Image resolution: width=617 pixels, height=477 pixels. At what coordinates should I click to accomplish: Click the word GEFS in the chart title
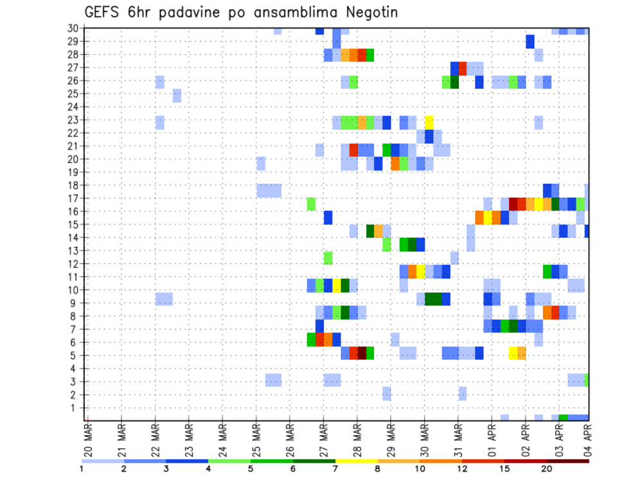(x=102, y=12)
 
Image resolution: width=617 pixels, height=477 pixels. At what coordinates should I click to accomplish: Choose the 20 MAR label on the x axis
(x=88, y=440)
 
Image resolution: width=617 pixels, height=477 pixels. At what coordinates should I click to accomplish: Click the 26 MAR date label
(x=290, y=440)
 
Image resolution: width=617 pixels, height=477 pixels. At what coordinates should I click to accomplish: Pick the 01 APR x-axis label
(x=492, y=440)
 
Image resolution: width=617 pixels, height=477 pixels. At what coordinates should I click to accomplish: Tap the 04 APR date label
(x=587, y=440)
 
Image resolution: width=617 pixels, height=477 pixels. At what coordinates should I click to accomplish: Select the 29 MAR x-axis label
(x=391, y=440)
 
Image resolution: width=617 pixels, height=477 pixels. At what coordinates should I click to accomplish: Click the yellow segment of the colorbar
(x=356, y=461)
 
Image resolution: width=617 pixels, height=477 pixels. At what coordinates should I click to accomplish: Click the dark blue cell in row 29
(x=530, y=41)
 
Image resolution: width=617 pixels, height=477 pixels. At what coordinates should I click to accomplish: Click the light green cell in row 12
(x=328, y=258)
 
